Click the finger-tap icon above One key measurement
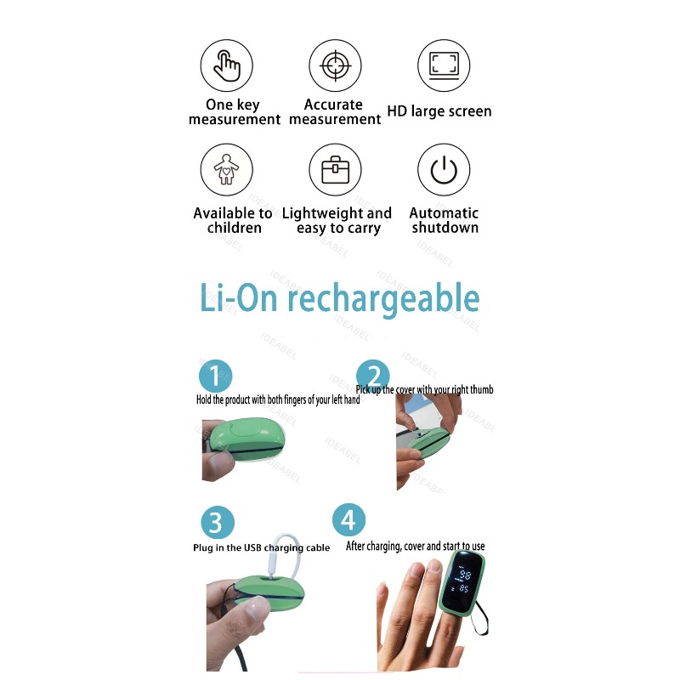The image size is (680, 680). click(226, 65)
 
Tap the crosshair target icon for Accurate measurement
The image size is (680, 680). click(335, 65)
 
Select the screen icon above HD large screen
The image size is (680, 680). click(444, 65)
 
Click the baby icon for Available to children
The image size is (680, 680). click(226, 169)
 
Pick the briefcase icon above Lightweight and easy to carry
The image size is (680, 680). click(335, 169)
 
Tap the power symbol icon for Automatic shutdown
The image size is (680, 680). click(444, 169)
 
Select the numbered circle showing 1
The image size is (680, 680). click(216, 376)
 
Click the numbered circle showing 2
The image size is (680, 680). click(372, 376)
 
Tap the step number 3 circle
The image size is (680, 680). click(217, 522)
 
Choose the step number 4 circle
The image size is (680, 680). click(348, 518)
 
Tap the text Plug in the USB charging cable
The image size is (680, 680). click(261, 548)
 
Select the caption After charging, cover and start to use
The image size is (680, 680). click(416, 547)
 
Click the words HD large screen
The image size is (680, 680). click(439, 111)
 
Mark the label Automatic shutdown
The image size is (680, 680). click(444, 220)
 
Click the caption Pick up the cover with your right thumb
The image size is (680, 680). click(424, 390)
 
